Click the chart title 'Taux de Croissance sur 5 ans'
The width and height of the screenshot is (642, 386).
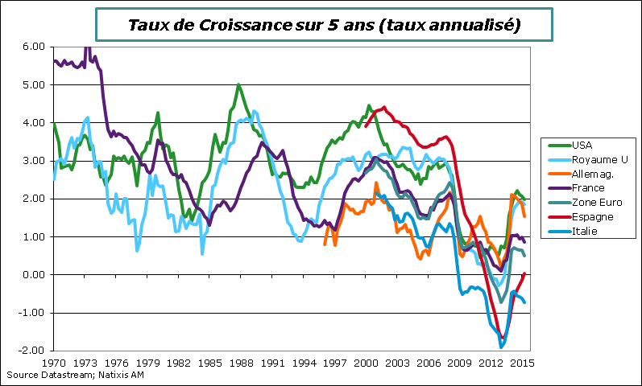tap(324, 25)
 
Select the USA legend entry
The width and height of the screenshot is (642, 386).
tap(581, 146)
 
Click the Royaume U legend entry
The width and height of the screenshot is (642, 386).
tap(594, 160)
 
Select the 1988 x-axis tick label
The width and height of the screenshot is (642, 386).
tap(241, 363)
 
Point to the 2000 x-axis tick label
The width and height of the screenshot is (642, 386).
tap(366, 363)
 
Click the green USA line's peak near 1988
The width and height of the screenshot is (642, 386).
tap(238, 84)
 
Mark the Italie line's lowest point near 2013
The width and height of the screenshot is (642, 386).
tap(501, 347)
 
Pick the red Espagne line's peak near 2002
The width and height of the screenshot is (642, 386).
tap(384, 107)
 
